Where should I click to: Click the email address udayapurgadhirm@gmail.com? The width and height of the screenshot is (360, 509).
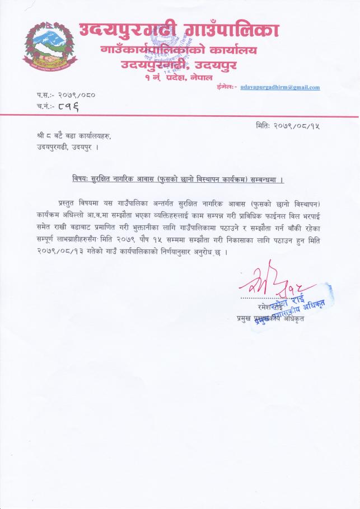(280, 87)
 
